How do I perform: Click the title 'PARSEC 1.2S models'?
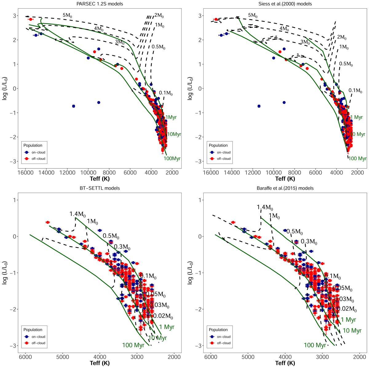pyautogui.click(x=100, y=4)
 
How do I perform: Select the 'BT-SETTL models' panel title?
pyautogui.click(x=100, y=188)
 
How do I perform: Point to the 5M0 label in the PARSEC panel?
pyautogui.click(x=68, y=15)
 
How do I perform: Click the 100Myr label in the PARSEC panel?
pyautogui.click(x=172, y=159)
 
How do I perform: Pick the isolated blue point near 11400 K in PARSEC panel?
pyautogui.click(x=73, y=106)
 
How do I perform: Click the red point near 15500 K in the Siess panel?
pyautogui.click(x=216, y=19)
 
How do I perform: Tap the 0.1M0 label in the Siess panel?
pyautogui.click(x=355, y=90)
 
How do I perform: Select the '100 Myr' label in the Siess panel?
pyautogui.click(x=358, y=159)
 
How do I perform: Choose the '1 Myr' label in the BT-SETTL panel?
pyautogui.click(x=167, y=327)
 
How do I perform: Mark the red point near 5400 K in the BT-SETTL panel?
pyautogui.click(x=48, y=222)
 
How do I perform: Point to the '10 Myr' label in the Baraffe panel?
pyautogui.click(x=352, y=331)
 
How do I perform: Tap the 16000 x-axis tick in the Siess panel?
pyautogui.click(x=211, y=173)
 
